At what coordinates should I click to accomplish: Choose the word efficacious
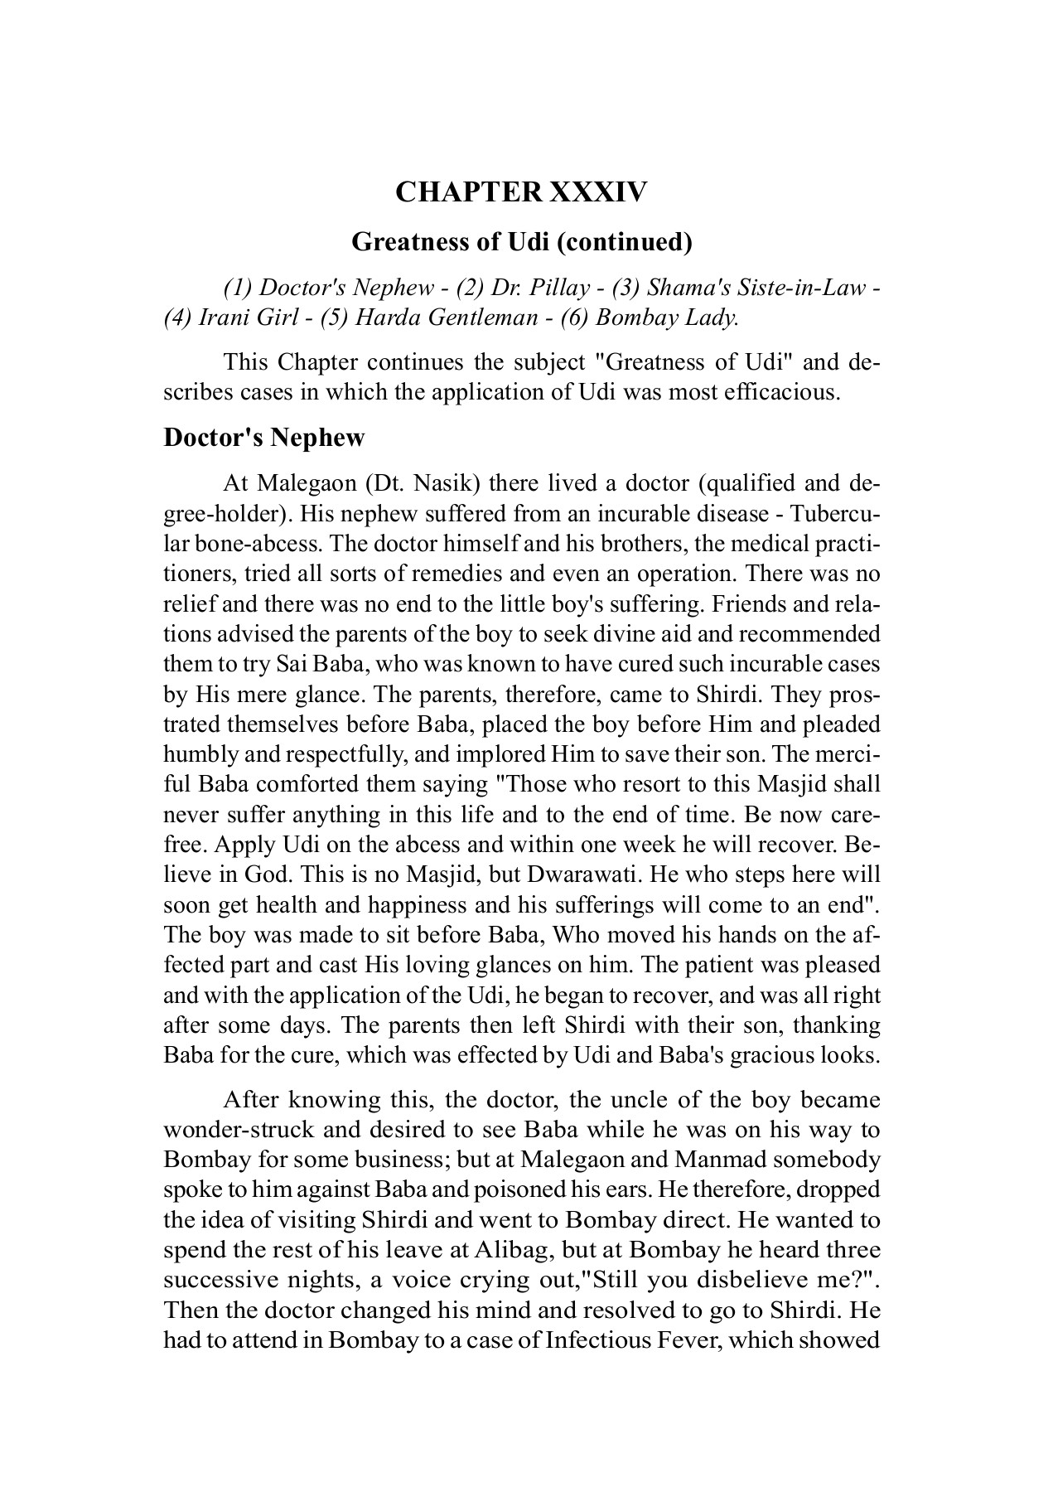782,392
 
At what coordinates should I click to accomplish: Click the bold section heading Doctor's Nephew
263,438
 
